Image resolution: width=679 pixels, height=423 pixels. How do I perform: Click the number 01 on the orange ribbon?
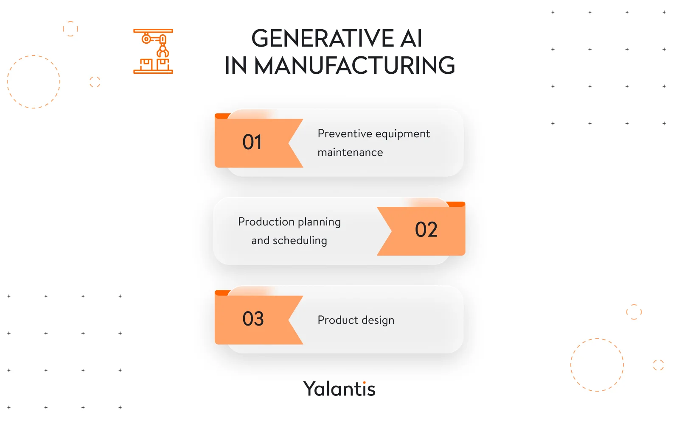252,142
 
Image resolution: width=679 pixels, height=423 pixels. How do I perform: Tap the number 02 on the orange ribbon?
426,230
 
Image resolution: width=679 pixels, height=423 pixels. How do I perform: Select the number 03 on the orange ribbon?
253,319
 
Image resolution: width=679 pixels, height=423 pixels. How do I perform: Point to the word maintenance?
350,152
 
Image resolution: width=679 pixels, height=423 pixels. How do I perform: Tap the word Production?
266,222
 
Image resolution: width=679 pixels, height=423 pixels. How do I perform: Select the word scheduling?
300,241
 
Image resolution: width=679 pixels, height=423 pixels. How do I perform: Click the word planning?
319,223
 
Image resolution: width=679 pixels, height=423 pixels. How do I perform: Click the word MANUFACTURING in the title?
354,66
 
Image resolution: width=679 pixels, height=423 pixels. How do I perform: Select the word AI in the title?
411,39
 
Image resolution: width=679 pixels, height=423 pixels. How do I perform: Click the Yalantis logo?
339,389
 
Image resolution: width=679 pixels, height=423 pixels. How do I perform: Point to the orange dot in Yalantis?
364,382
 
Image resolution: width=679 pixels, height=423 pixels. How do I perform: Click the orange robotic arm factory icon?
153,51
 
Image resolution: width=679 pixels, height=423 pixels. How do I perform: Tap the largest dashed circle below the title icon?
34,82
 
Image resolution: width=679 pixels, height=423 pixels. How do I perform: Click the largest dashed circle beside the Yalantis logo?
597,365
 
